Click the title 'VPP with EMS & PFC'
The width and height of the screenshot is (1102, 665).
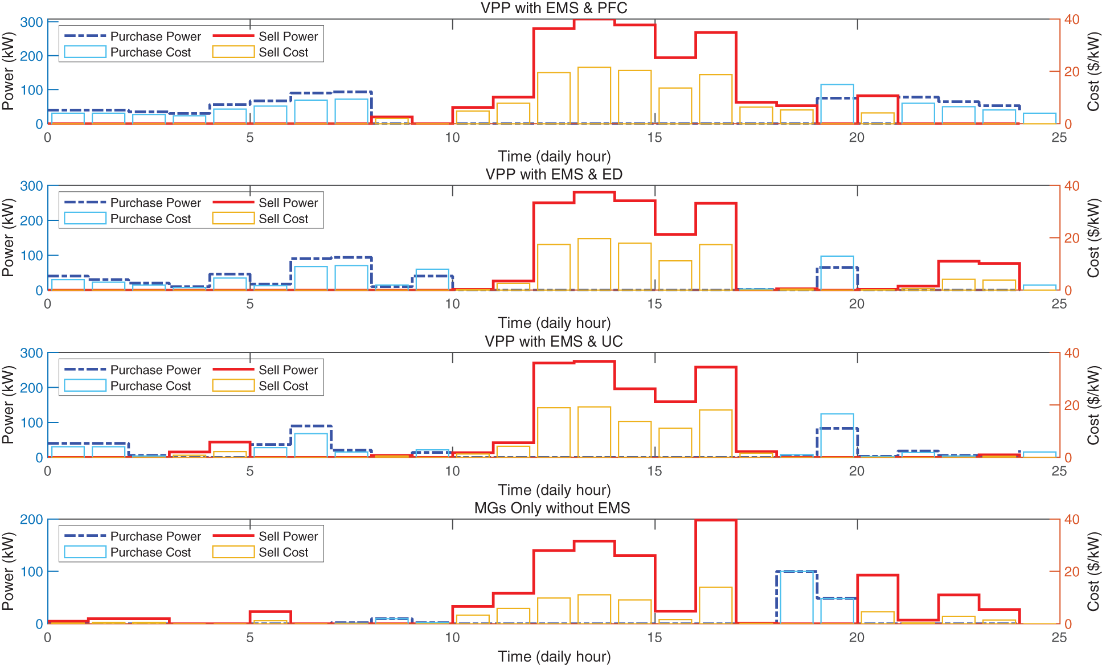554,8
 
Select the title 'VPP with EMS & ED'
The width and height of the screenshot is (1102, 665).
554,174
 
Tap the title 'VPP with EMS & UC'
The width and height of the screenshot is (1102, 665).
554,341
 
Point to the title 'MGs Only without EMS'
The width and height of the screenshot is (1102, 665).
552,508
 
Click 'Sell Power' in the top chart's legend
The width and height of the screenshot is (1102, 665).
288,36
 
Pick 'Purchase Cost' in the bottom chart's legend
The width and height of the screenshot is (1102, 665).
150,552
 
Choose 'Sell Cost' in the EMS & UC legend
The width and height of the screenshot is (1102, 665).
283,386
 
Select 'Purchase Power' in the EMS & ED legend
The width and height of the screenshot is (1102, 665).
155,203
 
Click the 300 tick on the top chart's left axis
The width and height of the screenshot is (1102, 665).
31,22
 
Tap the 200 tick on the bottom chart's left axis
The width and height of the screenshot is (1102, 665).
31,519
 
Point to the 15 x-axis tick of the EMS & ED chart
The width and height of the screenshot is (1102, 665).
654,304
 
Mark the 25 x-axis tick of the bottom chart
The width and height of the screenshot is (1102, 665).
1059,638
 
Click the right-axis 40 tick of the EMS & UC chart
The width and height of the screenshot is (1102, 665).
1072,353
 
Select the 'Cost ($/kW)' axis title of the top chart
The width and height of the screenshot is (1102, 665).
1093,72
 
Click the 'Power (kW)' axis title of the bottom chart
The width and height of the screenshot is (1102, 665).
8,571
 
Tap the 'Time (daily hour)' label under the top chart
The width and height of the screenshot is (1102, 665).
554,156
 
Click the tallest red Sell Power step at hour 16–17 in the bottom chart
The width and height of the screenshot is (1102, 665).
716,520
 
